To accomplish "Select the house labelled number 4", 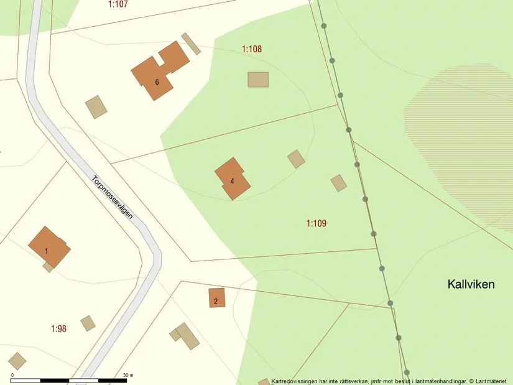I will (233, 179).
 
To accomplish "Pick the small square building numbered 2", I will (216, 298).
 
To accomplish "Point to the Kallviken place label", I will (471, 284).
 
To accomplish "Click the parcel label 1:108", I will (252, 49).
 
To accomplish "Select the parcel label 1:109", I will (317, 223).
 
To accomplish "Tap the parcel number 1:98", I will (58, 328).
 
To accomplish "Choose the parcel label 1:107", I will (118, 4).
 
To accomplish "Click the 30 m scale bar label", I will (129, 375).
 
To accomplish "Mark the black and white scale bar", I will (68, 380).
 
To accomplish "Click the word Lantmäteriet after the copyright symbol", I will (492, 381).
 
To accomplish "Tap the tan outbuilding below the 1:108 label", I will (258, 80).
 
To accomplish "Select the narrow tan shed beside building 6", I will (191, 43).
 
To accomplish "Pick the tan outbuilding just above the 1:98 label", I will (88, 323).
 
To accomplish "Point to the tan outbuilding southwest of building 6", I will (96, 107).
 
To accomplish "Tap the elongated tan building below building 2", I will (187, 336).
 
